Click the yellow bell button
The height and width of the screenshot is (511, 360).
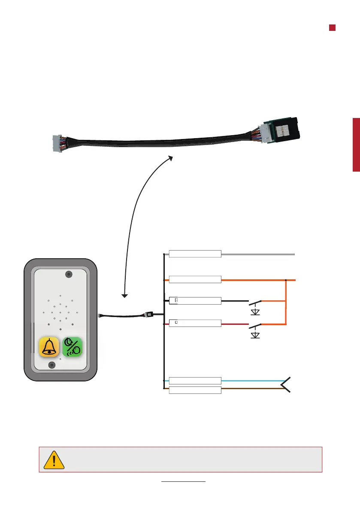[49, 347]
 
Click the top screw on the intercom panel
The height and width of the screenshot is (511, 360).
[68, 274]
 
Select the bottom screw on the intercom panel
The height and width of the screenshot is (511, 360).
[51, 365]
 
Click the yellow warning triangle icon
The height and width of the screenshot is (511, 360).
[54, 460]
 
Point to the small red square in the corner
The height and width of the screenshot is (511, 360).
[332, 27]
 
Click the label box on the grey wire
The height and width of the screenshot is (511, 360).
[195, 254]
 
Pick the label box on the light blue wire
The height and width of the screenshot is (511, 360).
[195, 381]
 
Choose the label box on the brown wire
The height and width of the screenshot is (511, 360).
[195, 390]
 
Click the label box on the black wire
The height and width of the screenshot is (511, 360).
[195, 300]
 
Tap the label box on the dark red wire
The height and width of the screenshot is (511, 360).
[195, 324]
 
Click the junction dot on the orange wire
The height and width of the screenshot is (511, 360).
[286, 280]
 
